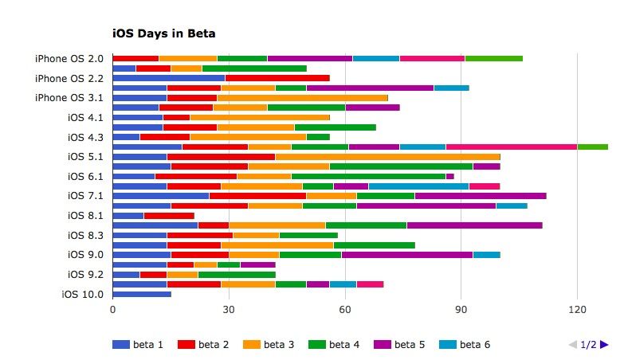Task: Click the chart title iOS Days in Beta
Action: point(164,33)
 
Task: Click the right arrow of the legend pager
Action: point(605,344)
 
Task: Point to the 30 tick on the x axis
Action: point(229,309)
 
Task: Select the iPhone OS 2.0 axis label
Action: point(69,58)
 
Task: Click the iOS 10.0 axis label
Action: point(82,294)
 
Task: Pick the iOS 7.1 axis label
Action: point(86,195)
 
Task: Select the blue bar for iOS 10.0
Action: point(142,294)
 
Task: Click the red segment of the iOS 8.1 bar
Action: point(169,215)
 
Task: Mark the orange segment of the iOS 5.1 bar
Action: point(387,156)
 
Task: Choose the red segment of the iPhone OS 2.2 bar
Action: point(277,78)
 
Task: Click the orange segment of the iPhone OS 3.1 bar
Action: point(302,97)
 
